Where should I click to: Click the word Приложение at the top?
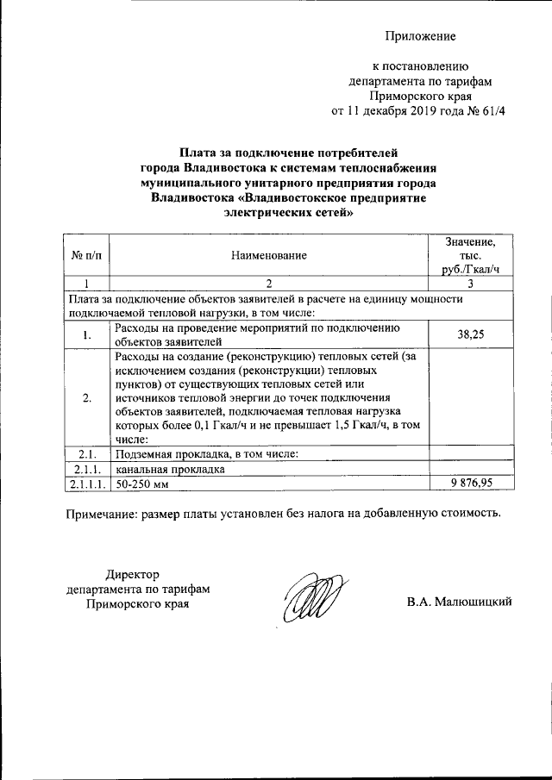tap(419, 36)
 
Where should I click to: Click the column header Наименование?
tap(268, 256)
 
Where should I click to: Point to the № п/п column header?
tap(86, 256)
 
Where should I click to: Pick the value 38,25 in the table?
tap(471, 335)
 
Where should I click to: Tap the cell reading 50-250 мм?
tap(144, 485)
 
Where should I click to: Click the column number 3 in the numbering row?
tap(471, 284)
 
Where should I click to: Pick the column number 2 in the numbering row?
tap(268, 284)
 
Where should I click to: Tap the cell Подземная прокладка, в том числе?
tap(206, 454)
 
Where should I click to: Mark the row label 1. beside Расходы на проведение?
tap(86, 335)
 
